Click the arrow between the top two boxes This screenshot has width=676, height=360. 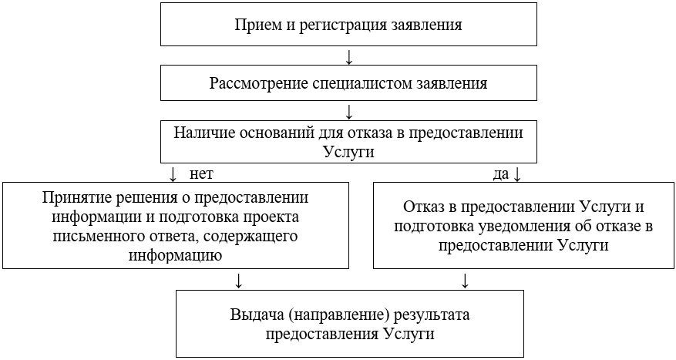349,58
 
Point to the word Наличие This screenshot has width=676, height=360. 203,133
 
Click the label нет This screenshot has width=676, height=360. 201,173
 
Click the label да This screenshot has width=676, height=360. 501,174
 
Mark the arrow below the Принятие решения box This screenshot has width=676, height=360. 240,280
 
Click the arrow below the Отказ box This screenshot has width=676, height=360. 465,280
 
